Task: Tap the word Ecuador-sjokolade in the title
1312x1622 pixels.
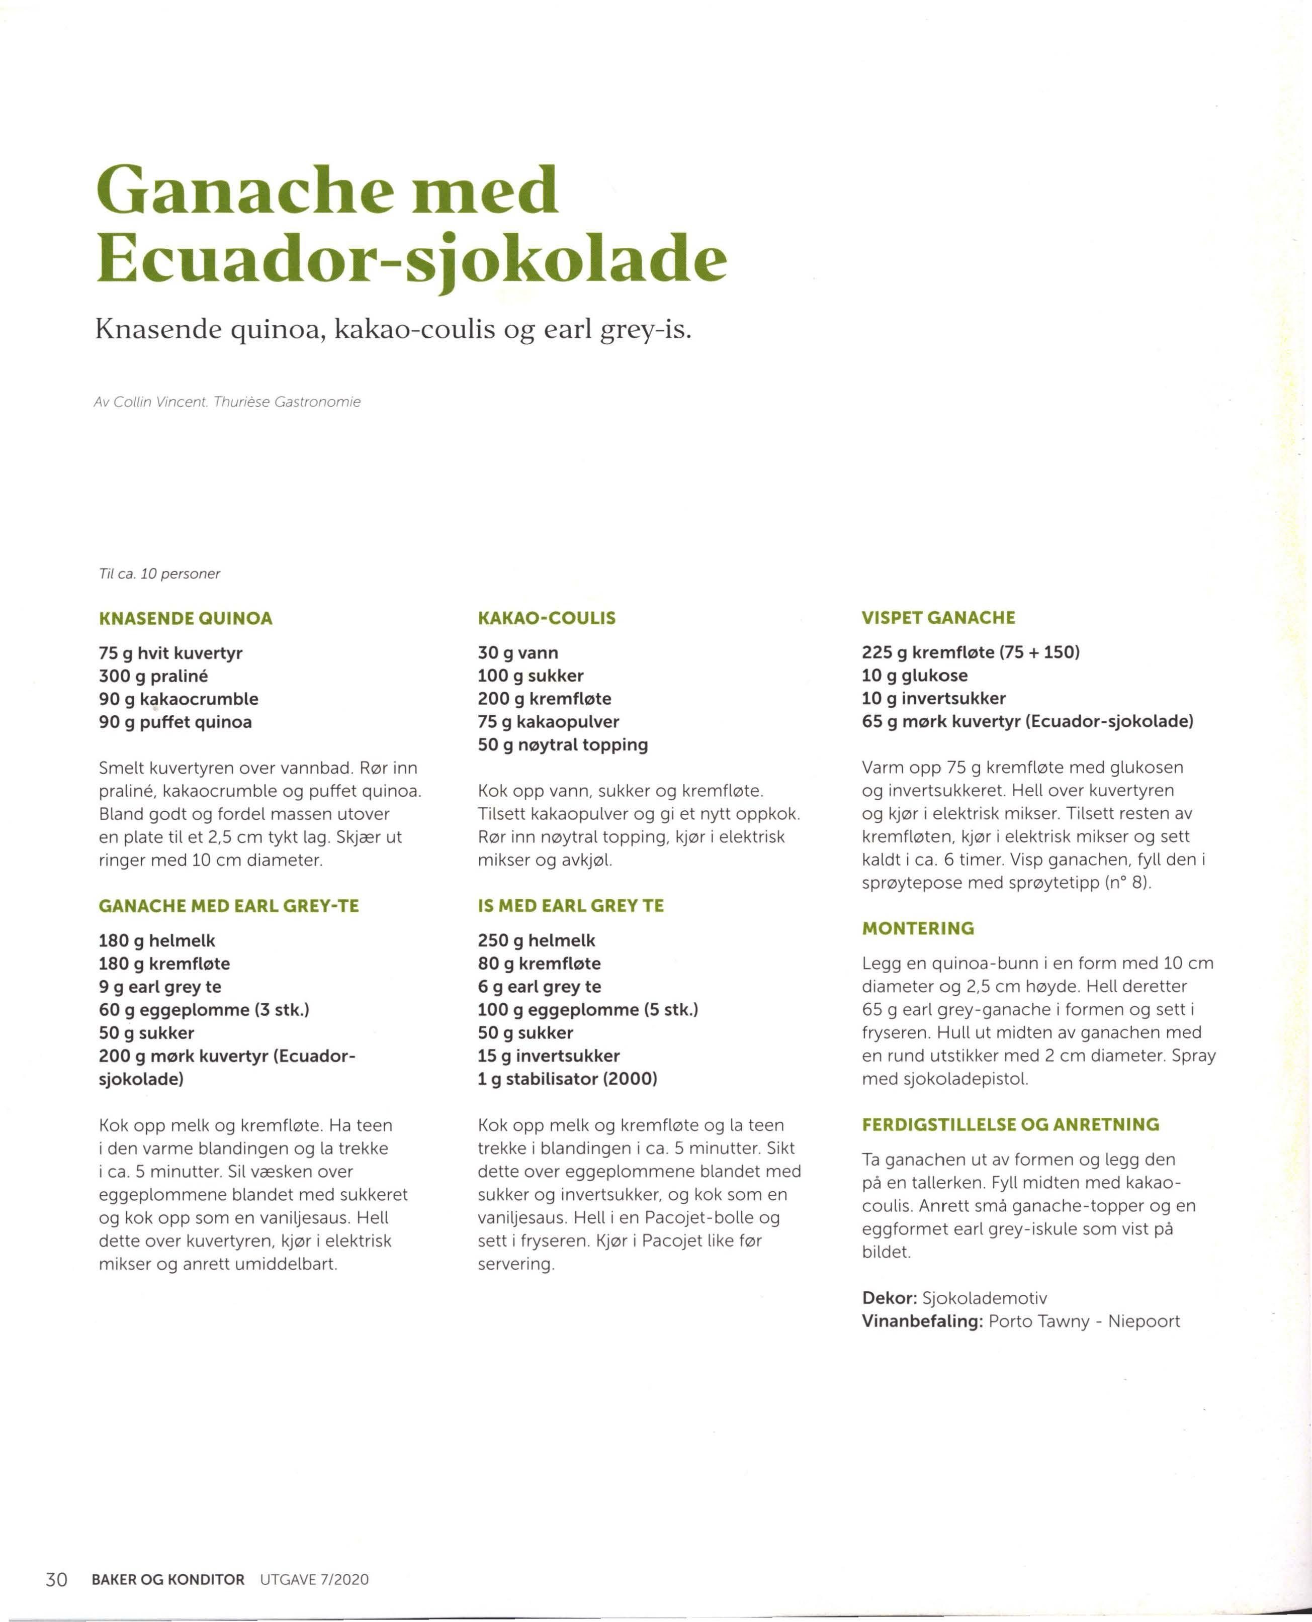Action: pos(412,258)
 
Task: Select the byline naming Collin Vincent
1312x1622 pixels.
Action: pos(227,402)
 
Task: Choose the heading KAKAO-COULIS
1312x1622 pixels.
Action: pos(547,618)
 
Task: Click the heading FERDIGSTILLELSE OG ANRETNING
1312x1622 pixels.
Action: pos(1010,1124)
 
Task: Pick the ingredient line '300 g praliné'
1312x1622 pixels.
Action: pos(153,676)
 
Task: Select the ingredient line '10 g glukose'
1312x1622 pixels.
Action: pos(914,676)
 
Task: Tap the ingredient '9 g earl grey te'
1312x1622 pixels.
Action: pos(160,987)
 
